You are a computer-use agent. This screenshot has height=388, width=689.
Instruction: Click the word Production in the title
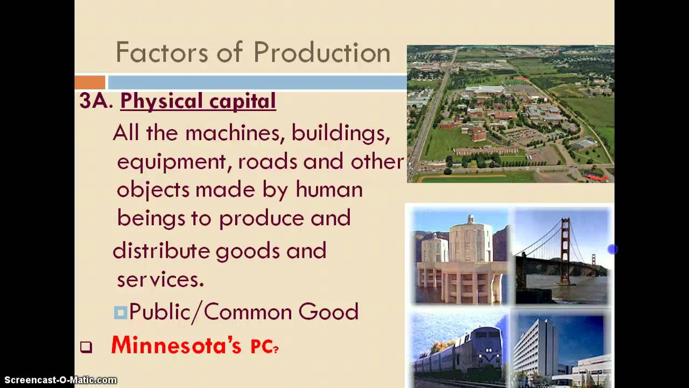click(321, 53)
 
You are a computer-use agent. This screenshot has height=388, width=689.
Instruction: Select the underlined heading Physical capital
click(198, 101)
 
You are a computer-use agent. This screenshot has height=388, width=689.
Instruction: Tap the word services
click(160, 279)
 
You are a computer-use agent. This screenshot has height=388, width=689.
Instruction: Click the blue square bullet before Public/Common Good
click(120, 312)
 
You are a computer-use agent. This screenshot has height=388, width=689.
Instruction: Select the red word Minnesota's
click(176, 345)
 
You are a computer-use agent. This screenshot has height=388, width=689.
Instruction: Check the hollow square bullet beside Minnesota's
click(86, 348)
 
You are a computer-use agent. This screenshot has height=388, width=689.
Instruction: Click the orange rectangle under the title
click(90, 82)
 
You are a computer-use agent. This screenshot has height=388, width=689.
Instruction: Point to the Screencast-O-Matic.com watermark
click(59, 380)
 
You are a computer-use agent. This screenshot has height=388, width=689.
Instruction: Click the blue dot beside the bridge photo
click(612, 249)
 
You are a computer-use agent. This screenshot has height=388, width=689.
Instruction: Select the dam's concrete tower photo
click(460, 256)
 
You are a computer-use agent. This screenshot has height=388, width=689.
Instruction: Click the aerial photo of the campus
click(510, 114)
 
